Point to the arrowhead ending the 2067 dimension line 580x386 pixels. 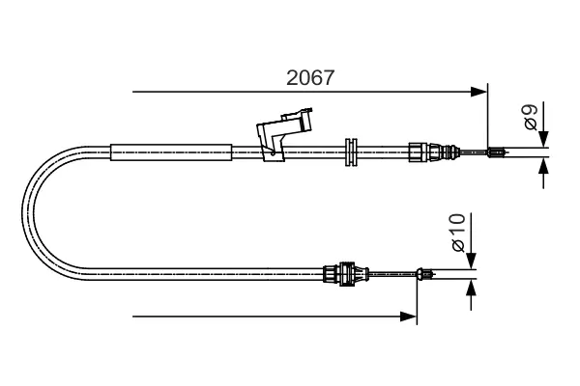click(x=479, y=93)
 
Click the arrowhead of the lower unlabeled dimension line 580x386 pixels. click(x=410, y=316)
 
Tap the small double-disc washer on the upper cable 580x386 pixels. click(x=351, y=151)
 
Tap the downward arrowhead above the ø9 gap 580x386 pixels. click(x=544, y=140)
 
